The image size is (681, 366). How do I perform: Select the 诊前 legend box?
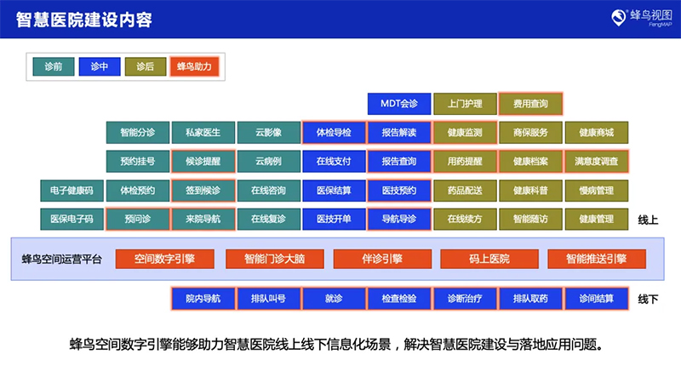(53, 66)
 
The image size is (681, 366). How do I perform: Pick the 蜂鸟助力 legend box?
(194, 66)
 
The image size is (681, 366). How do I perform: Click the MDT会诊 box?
(399, 104)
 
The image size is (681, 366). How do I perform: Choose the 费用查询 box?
(530, 104)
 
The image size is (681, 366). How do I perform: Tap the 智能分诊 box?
(137, 133)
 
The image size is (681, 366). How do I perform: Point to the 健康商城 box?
(596, 133)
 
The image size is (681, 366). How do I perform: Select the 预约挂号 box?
(137, 161)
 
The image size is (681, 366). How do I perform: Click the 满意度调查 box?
(596, 161)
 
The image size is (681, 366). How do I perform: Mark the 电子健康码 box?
(72, 190)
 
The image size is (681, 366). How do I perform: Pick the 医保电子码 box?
(72, 219)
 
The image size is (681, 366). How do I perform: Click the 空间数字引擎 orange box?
(164, 258)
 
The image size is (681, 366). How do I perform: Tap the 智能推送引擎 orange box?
(595, 258)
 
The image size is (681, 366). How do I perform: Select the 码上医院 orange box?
(489, 258)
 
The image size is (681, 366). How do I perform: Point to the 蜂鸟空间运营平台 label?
(61, 258)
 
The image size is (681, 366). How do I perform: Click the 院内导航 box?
(203, 299)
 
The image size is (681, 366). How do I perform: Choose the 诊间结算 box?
(596, 299)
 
